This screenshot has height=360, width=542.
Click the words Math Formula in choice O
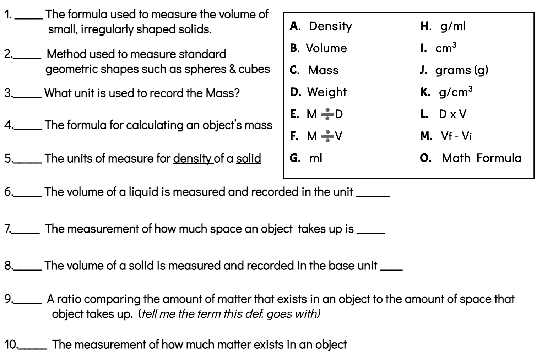(481, 158)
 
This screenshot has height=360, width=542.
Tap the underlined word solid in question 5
(248, 159)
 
